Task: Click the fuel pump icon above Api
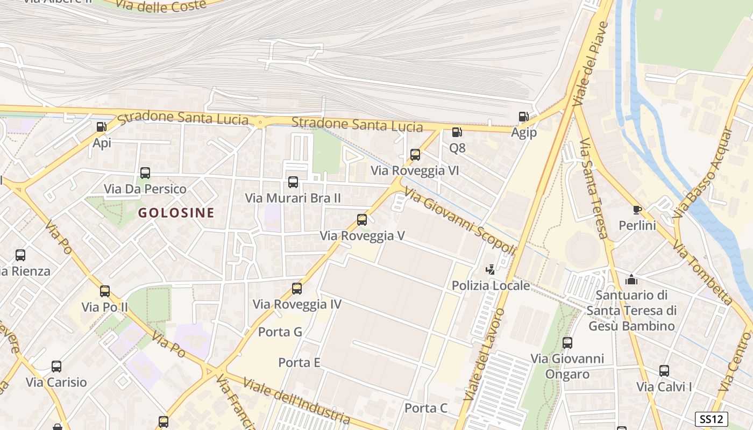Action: coord(101,127)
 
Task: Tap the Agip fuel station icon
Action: coord(523,117)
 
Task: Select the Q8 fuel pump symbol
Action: coord(457,132)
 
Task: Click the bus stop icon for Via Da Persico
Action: coord(145,173)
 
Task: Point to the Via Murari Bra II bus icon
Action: coord(293,182)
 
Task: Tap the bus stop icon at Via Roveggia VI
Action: coord(415,155)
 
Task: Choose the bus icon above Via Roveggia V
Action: coord(362,220)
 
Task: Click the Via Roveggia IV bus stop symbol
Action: coord(297,289)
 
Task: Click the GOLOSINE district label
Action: coord(176,213)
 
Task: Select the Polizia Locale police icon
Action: coord(490,270)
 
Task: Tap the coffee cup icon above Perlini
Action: coord(637,210)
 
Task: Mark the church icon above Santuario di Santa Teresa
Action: coord(631,279)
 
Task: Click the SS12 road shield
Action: coord(712,419)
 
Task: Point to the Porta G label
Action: coord(280,332)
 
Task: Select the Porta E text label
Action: coord(299,363)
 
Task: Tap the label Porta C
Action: coord(425,408)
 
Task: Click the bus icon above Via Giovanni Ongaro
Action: coord(567,342)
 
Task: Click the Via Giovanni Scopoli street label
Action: coord(460,221)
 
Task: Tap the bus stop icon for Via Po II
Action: coord(105,291)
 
